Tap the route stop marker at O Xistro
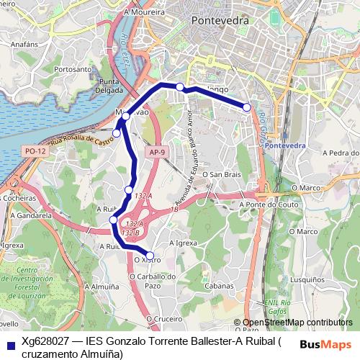pyautogui.click(x=150, y=255)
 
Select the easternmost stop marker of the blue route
pyautogui.click(x=247, y=107)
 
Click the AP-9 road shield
pyautogui.click(x=158, y=153)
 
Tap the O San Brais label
pyautogui.click(x=220, y=174)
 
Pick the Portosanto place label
pyautogui.click(x=73, y=69)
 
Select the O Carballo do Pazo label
pyautogui.click(x=154, y=280)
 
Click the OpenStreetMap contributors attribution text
pyautogui.click(x=297, y=323)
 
